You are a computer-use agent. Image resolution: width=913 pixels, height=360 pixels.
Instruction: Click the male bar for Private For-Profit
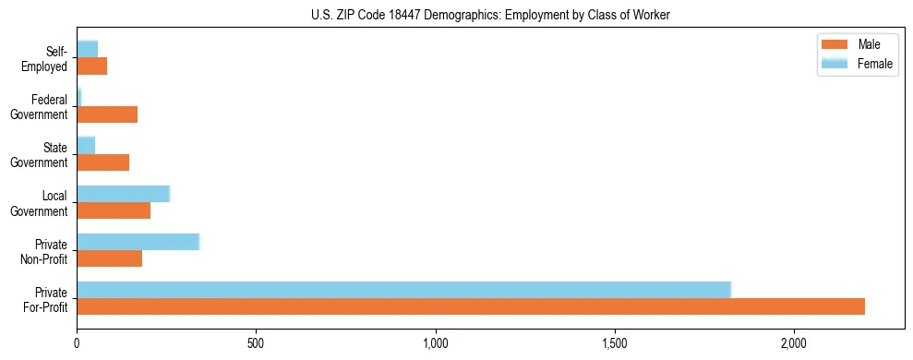click(x=471, y=306)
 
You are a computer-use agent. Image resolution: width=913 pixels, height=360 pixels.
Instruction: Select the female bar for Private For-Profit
click(x=403, y=290)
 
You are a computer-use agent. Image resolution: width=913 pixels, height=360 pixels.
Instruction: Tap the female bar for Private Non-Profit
click(x=138, y=242)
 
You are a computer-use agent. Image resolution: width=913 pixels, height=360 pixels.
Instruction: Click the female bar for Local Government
click(x=123, y=194)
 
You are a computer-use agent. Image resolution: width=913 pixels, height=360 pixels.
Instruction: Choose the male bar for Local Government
click(x=114, y=210)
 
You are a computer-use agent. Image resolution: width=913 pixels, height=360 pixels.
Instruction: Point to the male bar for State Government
click(x=102, y=162)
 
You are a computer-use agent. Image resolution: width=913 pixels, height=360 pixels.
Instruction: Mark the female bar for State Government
click(x=86, y=146)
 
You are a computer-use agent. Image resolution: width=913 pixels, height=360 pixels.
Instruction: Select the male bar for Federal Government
click(x=107, y=114)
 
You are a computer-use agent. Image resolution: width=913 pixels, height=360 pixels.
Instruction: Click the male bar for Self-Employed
click(x=91, y=66)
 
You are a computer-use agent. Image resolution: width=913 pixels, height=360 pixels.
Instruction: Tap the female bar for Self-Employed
click(x=87, y=49)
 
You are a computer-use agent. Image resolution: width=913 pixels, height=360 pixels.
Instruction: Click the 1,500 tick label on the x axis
click(x=615, y=344)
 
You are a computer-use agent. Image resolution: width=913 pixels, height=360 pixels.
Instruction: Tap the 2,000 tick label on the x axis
click(x=794, y=344)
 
